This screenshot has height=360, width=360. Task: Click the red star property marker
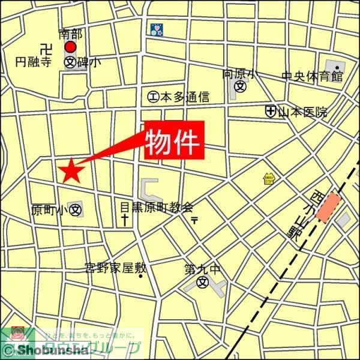(71, 171)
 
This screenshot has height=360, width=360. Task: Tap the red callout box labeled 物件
(174, 141)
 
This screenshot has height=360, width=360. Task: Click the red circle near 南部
(71, 47)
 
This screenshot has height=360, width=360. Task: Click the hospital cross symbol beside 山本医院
(271, 111)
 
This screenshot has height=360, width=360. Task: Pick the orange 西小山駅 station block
(328, 208)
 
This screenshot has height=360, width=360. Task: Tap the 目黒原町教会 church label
(156, 208)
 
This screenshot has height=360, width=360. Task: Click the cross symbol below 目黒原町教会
(125, 220)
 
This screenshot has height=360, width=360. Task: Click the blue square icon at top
(156, 29)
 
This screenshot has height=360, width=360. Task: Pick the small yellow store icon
(269, 178)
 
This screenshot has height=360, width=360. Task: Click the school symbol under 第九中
(203, 283)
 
